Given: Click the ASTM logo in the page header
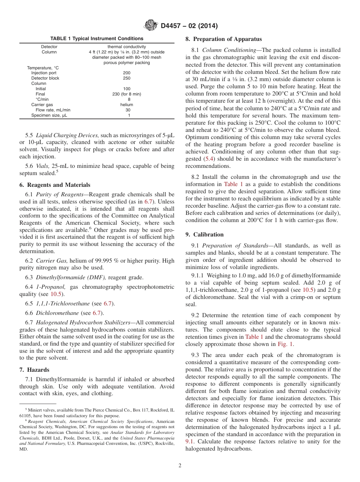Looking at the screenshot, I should (x=152, y=26).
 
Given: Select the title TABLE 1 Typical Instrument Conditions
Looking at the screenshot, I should (x=97, y=39).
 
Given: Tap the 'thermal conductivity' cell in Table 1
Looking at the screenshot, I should (x=127, y=47).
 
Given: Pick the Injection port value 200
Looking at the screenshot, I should (x=127, y=73).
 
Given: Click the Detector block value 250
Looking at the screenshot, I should (x=127, y=78).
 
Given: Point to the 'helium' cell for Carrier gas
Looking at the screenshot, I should (x=127, y=105).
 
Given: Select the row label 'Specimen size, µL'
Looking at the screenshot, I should (x=49, y=115).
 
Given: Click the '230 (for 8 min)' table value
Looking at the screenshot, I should (x=127, y=94).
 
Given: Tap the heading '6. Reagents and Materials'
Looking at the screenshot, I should (x=55, y=185).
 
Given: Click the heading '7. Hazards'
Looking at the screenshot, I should (x=34, y=369).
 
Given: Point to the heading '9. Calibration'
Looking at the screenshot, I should (x=205, y=235).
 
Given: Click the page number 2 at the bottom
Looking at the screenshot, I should (x=180, y=466).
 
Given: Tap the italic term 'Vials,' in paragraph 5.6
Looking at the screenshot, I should (x=43, y=166).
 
